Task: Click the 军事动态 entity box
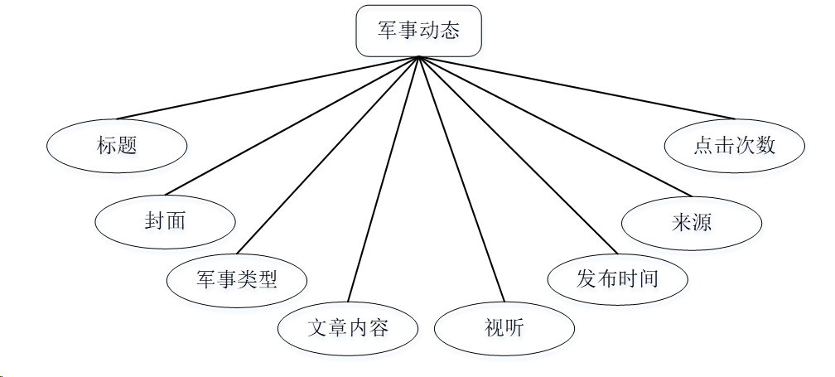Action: (418, 31)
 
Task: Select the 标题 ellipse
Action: (117, 146)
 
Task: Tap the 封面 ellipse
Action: (165, 220)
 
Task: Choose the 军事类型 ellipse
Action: (237, 278)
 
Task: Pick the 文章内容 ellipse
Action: (348, 327)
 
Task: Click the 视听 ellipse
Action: (504, 329)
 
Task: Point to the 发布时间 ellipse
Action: (617, 278)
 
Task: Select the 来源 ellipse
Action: (692, 222)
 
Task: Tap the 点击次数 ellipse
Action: (735, 145)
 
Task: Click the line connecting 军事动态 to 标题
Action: (268, 87)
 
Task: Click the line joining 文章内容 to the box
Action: (384, 179)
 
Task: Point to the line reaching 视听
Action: (461, 179)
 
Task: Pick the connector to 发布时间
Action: (519, 154)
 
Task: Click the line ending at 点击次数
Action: (577, 87)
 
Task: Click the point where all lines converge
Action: (419, 56)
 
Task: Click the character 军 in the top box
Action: (388, 31)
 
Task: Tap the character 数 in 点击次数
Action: (766, 145)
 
